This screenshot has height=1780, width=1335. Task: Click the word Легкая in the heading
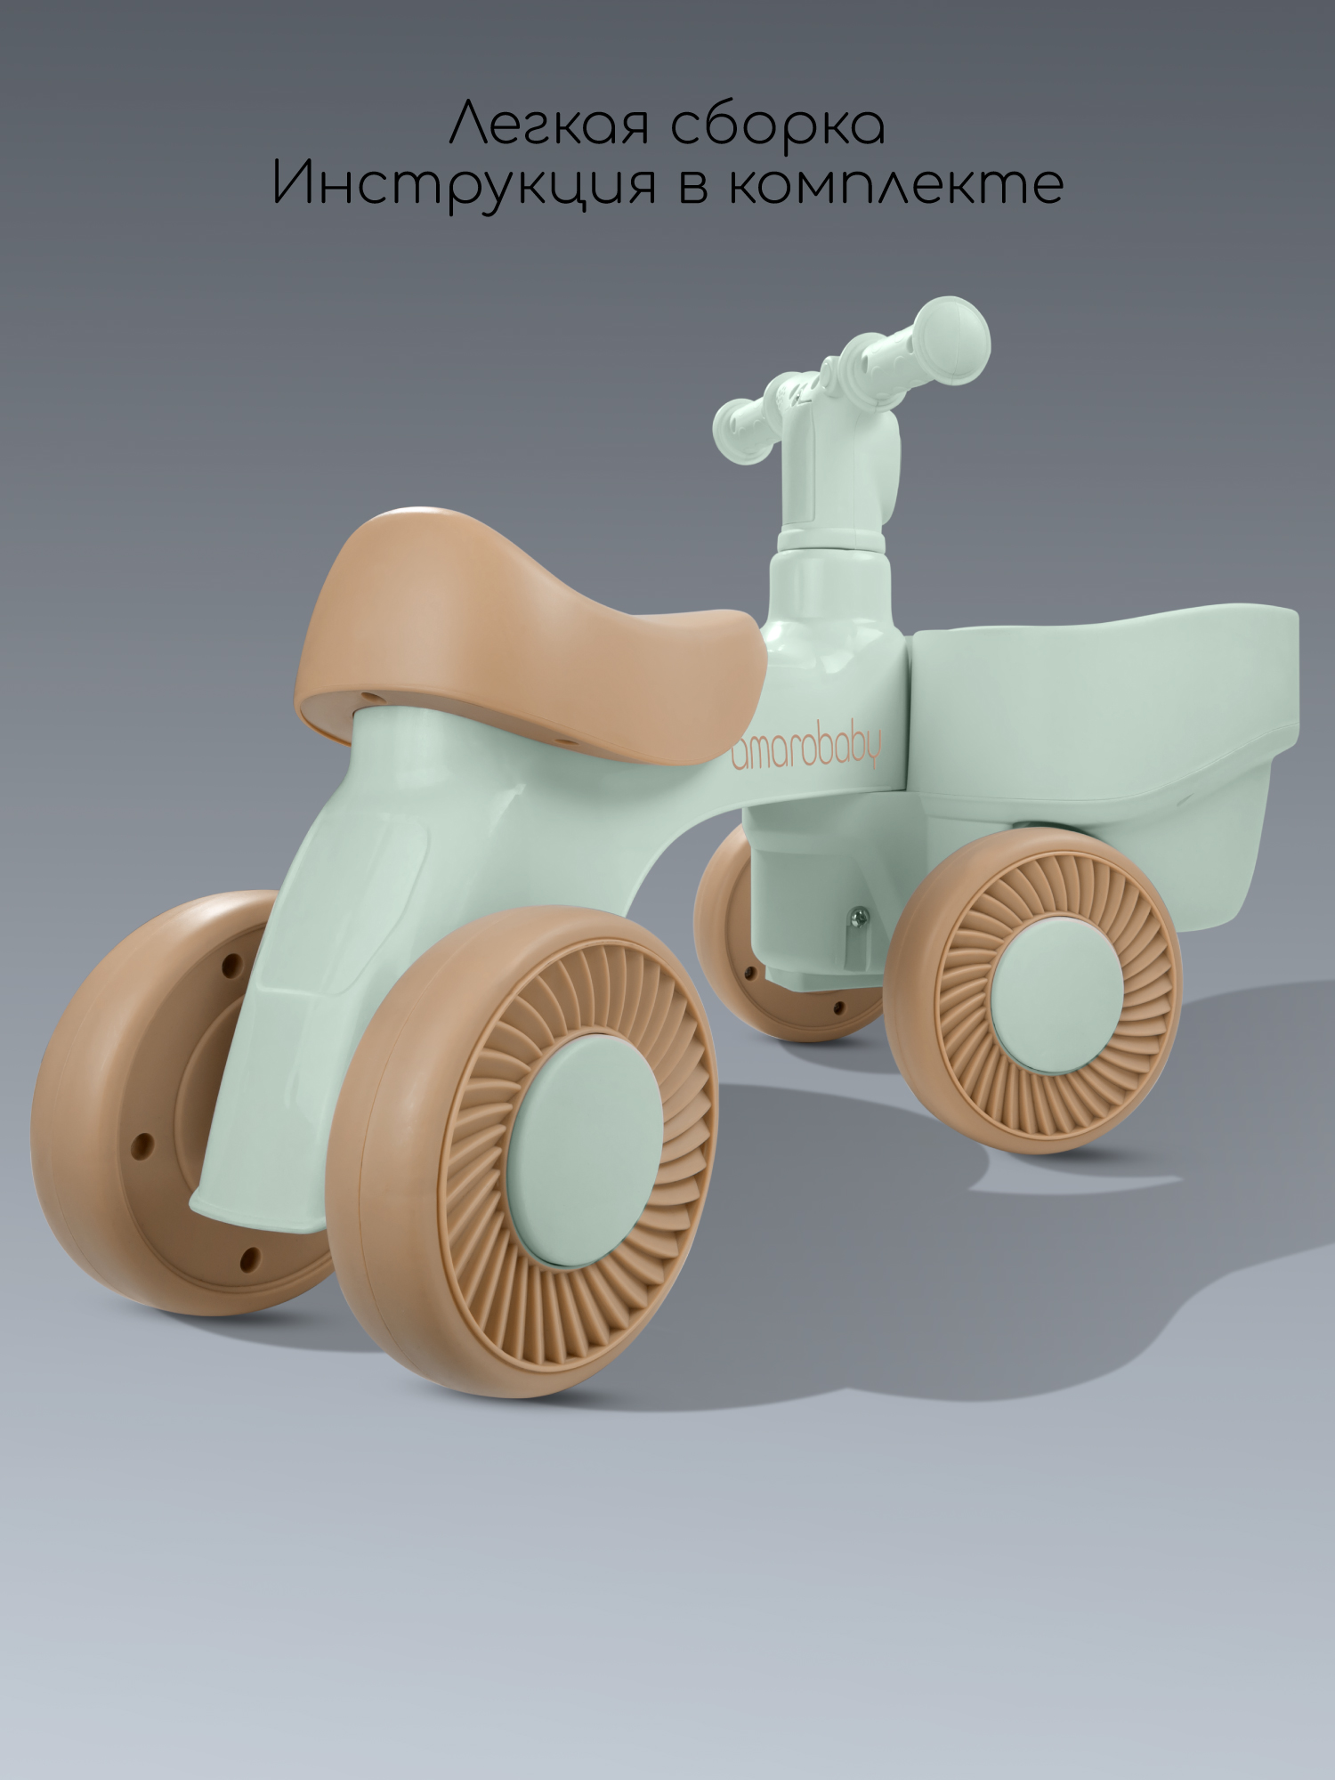coord(549,125)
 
